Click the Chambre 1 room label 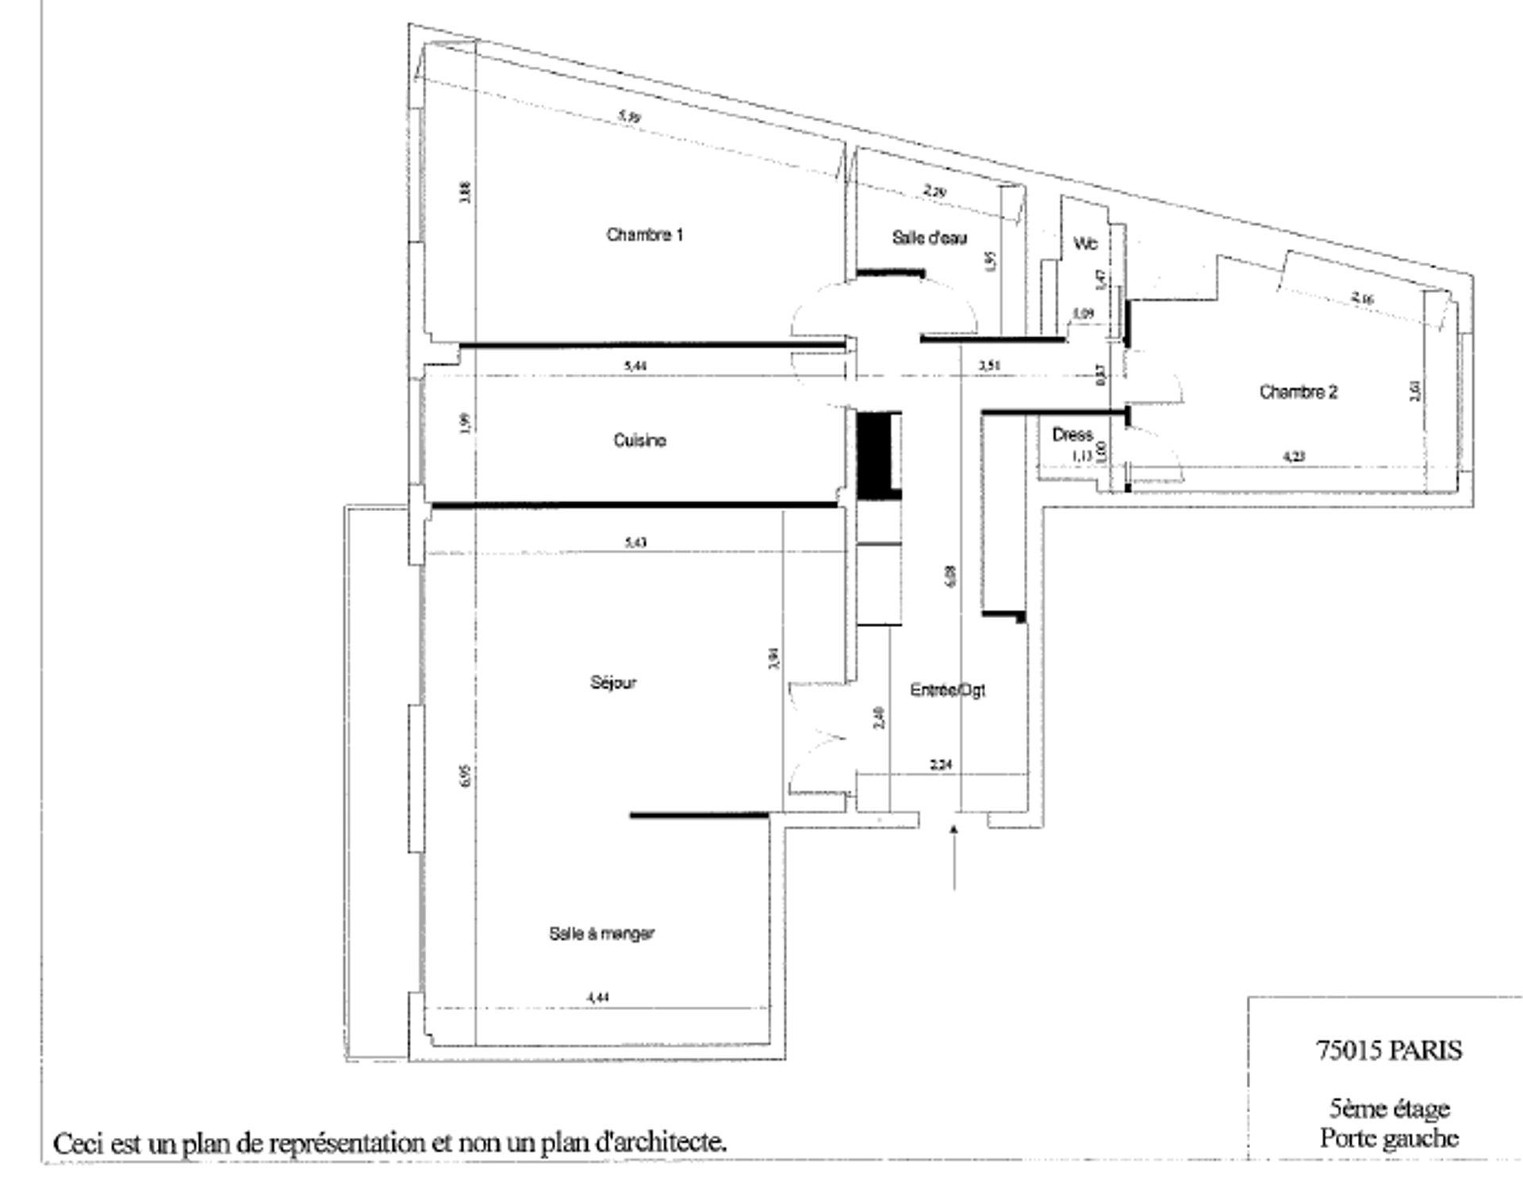click(x=644, y=235)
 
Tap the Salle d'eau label click(x=929, y=238)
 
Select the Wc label click(x=1085, y=244)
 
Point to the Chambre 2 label click(x=1299, y=392)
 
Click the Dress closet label click(x=1072, y=435)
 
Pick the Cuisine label click(x=639, y=440)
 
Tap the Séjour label click(x=613, y=682)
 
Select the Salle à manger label click(x=601, y=934)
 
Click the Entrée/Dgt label click(x=947, y=690)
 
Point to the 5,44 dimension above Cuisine click(x=635, y=366)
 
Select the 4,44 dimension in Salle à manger click(x=598, y=997)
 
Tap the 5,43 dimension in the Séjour click(x=635, y=543)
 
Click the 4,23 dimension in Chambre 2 click(x=1294, y=456)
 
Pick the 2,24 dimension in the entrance click(x=941, y=765)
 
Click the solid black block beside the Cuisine click(x=877, y=456)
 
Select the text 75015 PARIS click(x=1388, y=1051)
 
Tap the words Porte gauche click(x=1389, y=1138)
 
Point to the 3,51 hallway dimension click(x=989, y=366)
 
